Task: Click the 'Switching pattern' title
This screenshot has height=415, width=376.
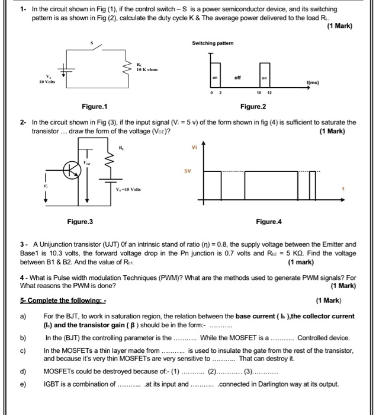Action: (x=212, y=43)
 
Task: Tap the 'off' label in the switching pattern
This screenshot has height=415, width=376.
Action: (x=237, y=78)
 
